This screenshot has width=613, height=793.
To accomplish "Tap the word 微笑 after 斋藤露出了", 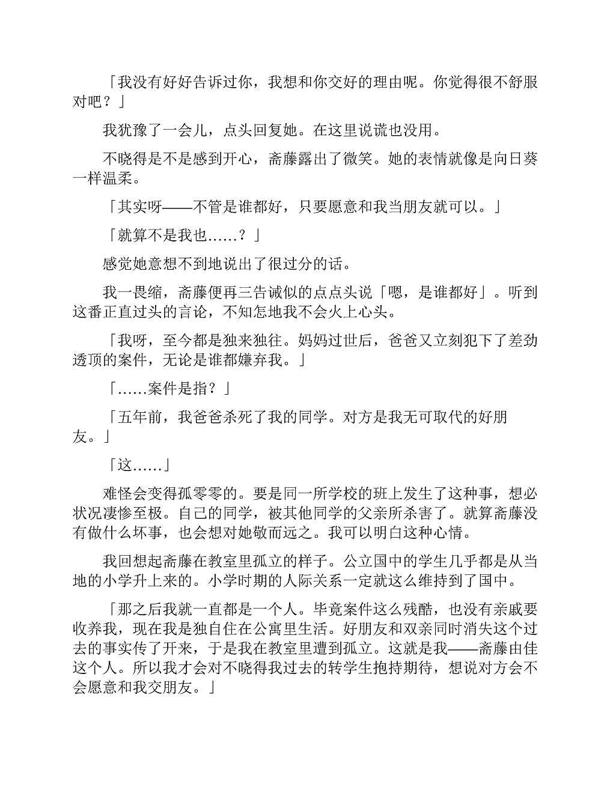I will pos(357,159).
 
